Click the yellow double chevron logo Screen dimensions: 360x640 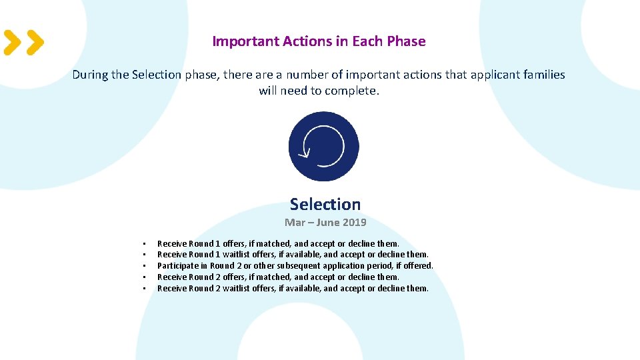click(x=23, y=42)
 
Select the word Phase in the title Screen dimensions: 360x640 click(x=406, y=41)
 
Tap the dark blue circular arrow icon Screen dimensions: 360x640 click(x=323, y=146)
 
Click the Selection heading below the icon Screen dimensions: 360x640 click(x=325, y=205)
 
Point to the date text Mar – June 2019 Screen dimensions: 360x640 click(x=325, y=223)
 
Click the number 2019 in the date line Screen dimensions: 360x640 click(x=354, y=223)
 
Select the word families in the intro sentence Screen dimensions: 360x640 click(x=543, y=75)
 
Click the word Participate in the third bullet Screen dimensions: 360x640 click(x=178, y=266)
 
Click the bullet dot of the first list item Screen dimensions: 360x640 click(x=144, y=244)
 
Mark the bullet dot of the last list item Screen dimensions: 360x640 click(x=144, y=289)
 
